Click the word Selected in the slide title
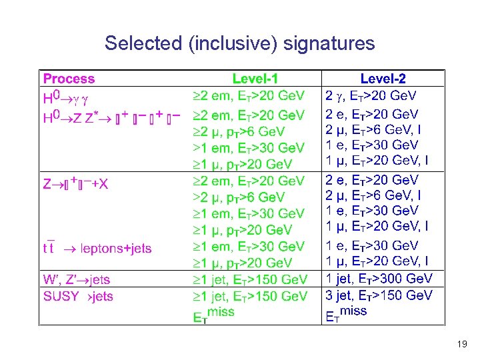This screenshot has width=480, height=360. click(x=143, y=44)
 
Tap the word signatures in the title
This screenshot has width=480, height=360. click(x=329, y=45)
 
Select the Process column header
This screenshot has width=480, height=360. click(x=69, y=79)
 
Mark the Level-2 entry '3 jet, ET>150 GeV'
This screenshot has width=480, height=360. click(x=379, y=295)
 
